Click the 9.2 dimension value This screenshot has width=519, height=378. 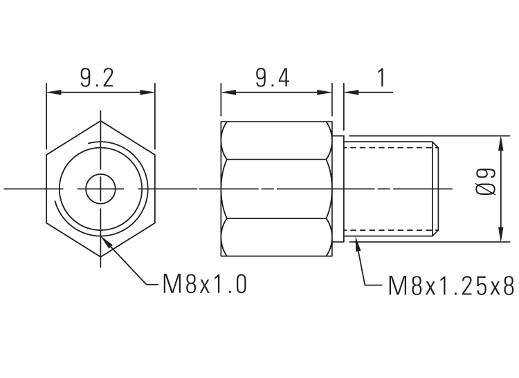(96, 78)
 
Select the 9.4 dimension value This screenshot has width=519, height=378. (272, 78)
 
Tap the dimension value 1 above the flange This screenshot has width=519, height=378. (381, 78)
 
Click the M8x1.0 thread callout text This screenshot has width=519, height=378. (205, 285)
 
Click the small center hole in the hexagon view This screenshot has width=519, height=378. (101, 189)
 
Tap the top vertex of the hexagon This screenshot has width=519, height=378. (101, 122)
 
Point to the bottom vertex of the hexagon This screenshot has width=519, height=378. (101, 256)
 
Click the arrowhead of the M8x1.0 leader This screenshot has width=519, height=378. (105, 239)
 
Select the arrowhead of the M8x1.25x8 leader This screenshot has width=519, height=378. (356, 240)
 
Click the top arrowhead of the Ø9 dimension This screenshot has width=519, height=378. (500, 140)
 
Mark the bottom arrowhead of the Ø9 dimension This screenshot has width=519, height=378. (500, 237)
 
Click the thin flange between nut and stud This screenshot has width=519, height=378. (338, 189)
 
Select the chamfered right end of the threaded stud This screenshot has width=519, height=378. (436, 189)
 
